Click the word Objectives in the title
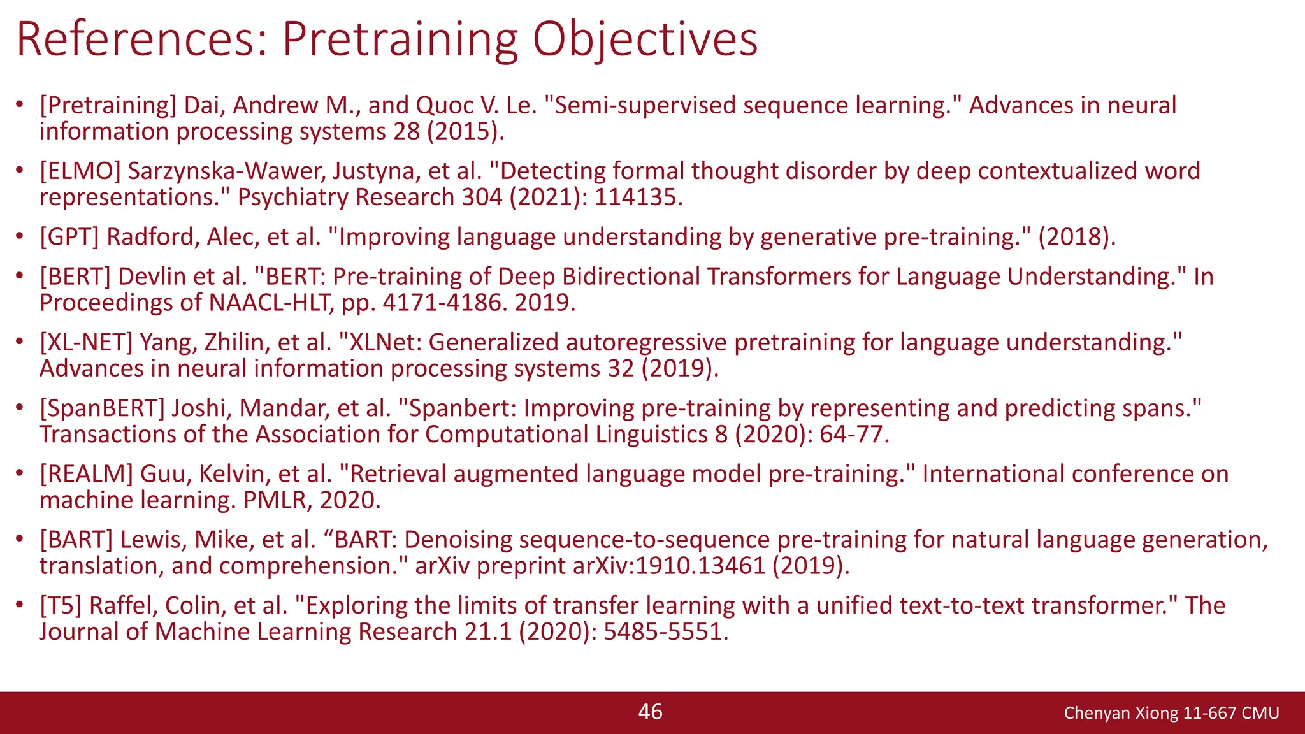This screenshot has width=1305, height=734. (x=645, y=40)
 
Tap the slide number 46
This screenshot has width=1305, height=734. (x=651, y=712)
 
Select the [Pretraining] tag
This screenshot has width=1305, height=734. (x=108, y=105)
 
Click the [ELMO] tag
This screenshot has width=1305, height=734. (x=80, y=171)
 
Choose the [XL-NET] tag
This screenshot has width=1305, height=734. (x=86, y=342)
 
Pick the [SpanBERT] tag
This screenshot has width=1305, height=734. (x=102, y=408)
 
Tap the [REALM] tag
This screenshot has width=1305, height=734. (x=86, y=473)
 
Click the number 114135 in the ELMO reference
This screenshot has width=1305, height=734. (x=638, y=198)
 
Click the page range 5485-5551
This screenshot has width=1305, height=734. (x=665, y=632)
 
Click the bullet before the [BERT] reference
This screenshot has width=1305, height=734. (x=20, y=276)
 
